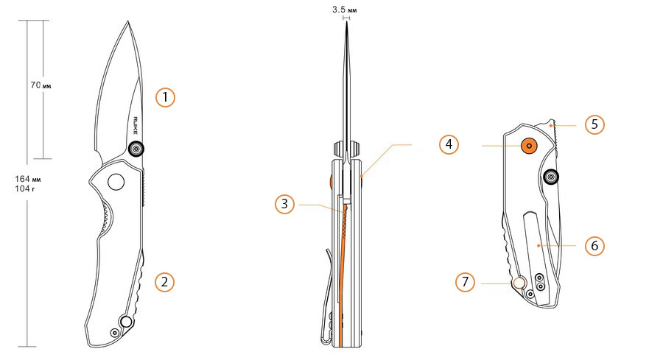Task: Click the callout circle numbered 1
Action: (x=166, y=96)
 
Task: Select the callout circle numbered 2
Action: (x=166, y=281)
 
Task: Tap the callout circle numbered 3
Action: (x=285, y=204)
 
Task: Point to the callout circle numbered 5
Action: (x=594, y=124)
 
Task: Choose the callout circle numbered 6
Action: (x=594, y=244)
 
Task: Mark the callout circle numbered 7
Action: (x=466, y=281)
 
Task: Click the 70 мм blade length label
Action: (x=41, y=85)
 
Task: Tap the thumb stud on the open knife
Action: (x=136, y=149)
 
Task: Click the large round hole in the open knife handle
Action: (x=116, y=181)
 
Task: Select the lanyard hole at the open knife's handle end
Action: (x=127, y=321)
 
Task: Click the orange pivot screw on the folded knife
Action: (x=528, y=146)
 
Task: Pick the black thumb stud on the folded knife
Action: (x=550, y=177)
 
